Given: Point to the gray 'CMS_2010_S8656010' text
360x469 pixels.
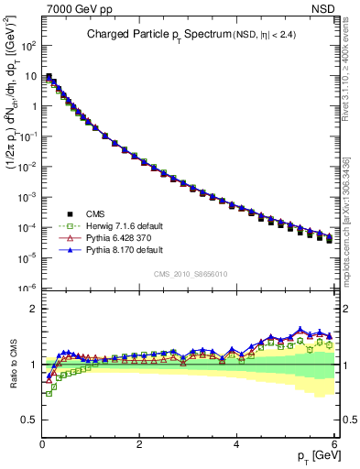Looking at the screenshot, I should tap(190, 274).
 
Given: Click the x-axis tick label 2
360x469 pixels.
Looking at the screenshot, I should tap(139, 443).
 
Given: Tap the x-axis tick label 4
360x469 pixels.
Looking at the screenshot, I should tap(237, 443).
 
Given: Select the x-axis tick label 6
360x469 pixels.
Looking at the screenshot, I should tap(334, 443).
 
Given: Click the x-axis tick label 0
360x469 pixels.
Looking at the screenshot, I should tap(42, 443).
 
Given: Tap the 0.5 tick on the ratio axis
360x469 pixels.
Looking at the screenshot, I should tap(29, 420).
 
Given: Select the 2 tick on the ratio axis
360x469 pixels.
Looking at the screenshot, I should tap(33, 309).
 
